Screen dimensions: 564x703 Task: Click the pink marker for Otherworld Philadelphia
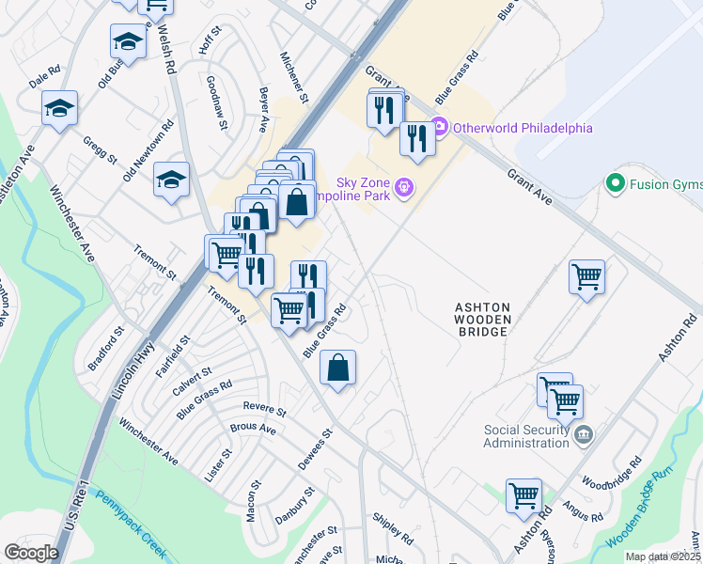pos(441,128)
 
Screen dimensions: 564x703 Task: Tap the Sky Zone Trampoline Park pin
pos(405,188)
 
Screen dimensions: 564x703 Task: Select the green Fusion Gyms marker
pos(617,182)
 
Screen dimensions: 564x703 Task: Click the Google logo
pos(31,553)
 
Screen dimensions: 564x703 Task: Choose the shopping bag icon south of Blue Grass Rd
pos(337,368)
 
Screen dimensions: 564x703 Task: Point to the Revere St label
pos(264,407)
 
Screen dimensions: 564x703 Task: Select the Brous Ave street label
pos(253,429)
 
